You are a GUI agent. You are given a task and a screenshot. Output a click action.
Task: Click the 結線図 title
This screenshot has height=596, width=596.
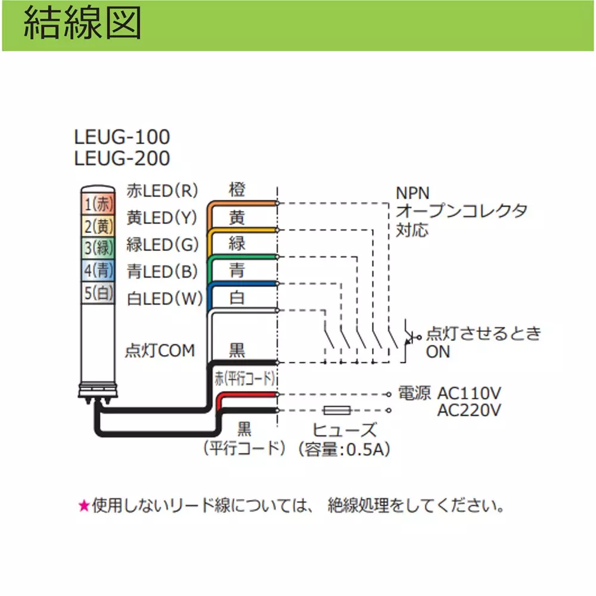click(82, 24)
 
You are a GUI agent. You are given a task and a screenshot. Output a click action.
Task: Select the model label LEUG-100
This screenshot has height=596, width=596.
click(122, 137)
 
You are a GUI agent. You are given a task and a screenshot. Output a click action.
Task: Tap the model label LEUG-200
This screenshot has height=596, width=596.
click(122, 158)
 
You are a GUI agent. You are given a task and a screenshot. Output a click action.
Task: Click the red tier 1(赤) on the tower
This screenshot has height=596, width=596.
click(98, 204)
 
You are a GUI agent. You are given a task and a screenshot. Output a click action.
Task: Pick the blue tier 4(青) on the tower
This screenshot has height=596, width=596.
click(98, 270)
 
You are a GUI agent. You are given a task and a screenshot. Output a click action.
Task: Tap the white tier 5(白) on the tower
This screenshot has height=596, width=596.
click(98, 292)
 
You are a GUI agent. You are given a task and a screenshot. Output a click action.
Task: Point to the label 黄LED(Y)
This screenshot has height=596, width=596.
click(162, 218)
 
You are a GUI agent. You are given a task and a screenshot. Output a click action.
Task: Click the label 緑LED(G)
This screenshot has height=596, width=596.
click(162, 244)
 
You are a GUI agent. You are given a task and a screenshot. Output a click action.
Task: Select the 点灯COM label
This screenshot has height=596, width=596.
click(160, 350)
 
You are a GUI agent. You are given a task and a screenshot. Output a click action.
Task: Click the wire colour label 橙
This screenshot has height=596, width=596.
click(237, 190)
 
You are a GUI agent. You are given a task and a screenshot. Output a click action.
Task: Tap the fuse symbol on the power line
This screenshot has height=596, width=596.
click(337, 410)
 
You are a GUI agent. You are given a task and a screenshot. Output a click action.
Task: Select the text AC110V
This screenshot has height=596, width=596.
click(469, 393)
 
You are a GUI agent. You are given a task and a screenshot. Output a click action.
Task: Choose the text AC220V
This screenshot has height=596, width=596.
click(469, 410)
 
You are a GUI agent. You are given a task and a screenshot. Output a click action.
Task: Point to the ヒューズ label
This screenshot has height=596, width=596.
click(344, 430)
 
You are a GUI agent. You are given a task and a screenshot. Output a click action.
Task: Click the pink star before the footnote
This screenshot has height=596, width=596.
click(83, 505)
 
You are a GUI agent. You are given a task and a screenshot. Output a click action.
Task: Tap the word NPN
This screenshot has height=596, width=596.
click(412, 193)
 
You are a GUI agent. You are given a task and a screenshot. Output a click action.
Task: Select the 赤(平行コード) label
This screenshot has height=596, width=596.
click(245, 378)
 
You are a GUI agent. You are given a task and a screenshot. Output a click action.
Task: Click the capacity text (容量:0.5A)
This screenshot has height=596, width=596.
click(344, 449)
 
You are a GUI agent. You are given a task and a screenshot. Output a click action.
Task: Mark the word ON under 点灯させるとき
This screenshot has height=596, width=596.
click(438, 352)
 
